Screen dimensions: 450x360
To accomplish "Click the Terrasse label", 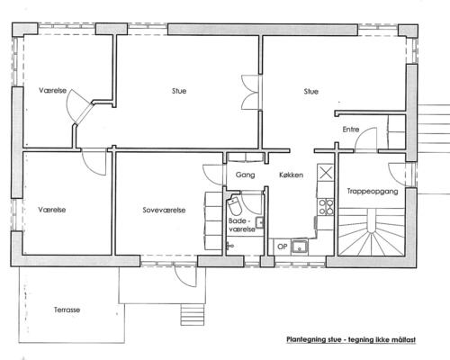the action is pyautogui.click(x=67, y=310).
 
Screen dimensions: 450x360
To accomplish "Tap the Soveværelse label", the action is pyautogui.click(x=164, y=210).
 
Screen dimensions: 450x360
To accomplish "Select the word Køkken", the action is pyautogui.click(x=291, y=175).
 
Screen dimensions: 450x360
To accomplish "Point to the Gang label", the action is pyautogui.click(x=245, y=175).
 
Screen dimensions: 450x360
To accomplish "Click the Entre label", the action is pyautogui.click(x=351, y=130).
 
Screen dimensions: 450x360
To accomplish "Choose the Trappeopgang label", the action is pyautogui.click(x=373, y=192).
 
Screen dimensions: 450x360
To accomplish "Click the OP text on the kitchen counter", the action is pyautogui.click(x=283, y=247).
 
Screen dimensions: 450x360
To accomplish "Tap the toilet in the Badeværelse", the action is pyautogui.click(x=234, y=205).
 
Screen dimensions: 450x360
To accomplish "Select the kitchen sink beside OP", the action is pyautogui.click(x=299, y=247).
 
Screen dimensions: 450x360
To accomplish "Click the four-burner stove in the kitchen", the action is pyautogui.click(x=326, y=207).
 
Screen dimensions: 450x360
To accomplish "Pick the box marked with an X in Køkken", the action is pyautogui.click(x=326, y=172).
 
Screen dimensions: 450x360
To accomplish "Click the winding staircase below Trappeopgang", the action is pyautogui.click(x=372, y=232).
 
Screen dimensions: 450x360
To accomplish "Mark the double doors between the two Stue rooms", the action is pyautogui.click(x=251, y=92).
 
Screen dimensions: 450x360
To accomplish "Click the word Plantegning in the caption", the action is pyautogui.click(x=306, y=340).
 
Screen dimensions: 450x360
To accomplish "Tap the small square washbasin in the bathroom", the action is pyautogui.click(x=259, y=223).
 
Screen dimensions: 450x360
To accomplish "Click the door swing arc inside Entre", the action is pyautogui.click(x=365, y=139).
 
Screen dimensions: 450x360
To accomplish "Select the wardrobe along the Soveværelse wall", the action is pyautogui.click(x=213, y=221).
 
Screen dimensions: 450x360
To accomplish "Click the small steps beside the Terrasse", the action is pyautogui.click(x=193, y=314).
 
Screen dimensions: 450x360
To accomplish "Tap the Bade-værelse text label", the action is pyautogui.click(x=242, y=225).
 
